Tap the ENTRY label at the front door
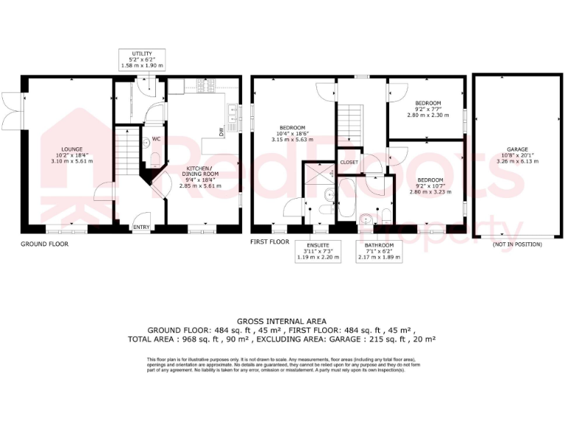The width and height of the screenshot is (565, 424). (x=141, y=227)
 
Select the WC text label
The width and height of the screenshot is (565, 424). (x=156, y=139)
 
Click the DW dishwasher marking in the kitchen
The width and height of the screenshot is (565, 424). (x=221, y=131)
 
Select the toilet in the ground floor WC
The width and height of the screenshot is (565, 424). (x=152, y=157)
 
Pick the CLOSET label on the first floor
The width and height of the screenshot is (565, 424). (x=349, y=162)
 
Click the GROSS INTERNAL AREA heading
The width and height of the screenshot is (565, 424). (x=282, y=322)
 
